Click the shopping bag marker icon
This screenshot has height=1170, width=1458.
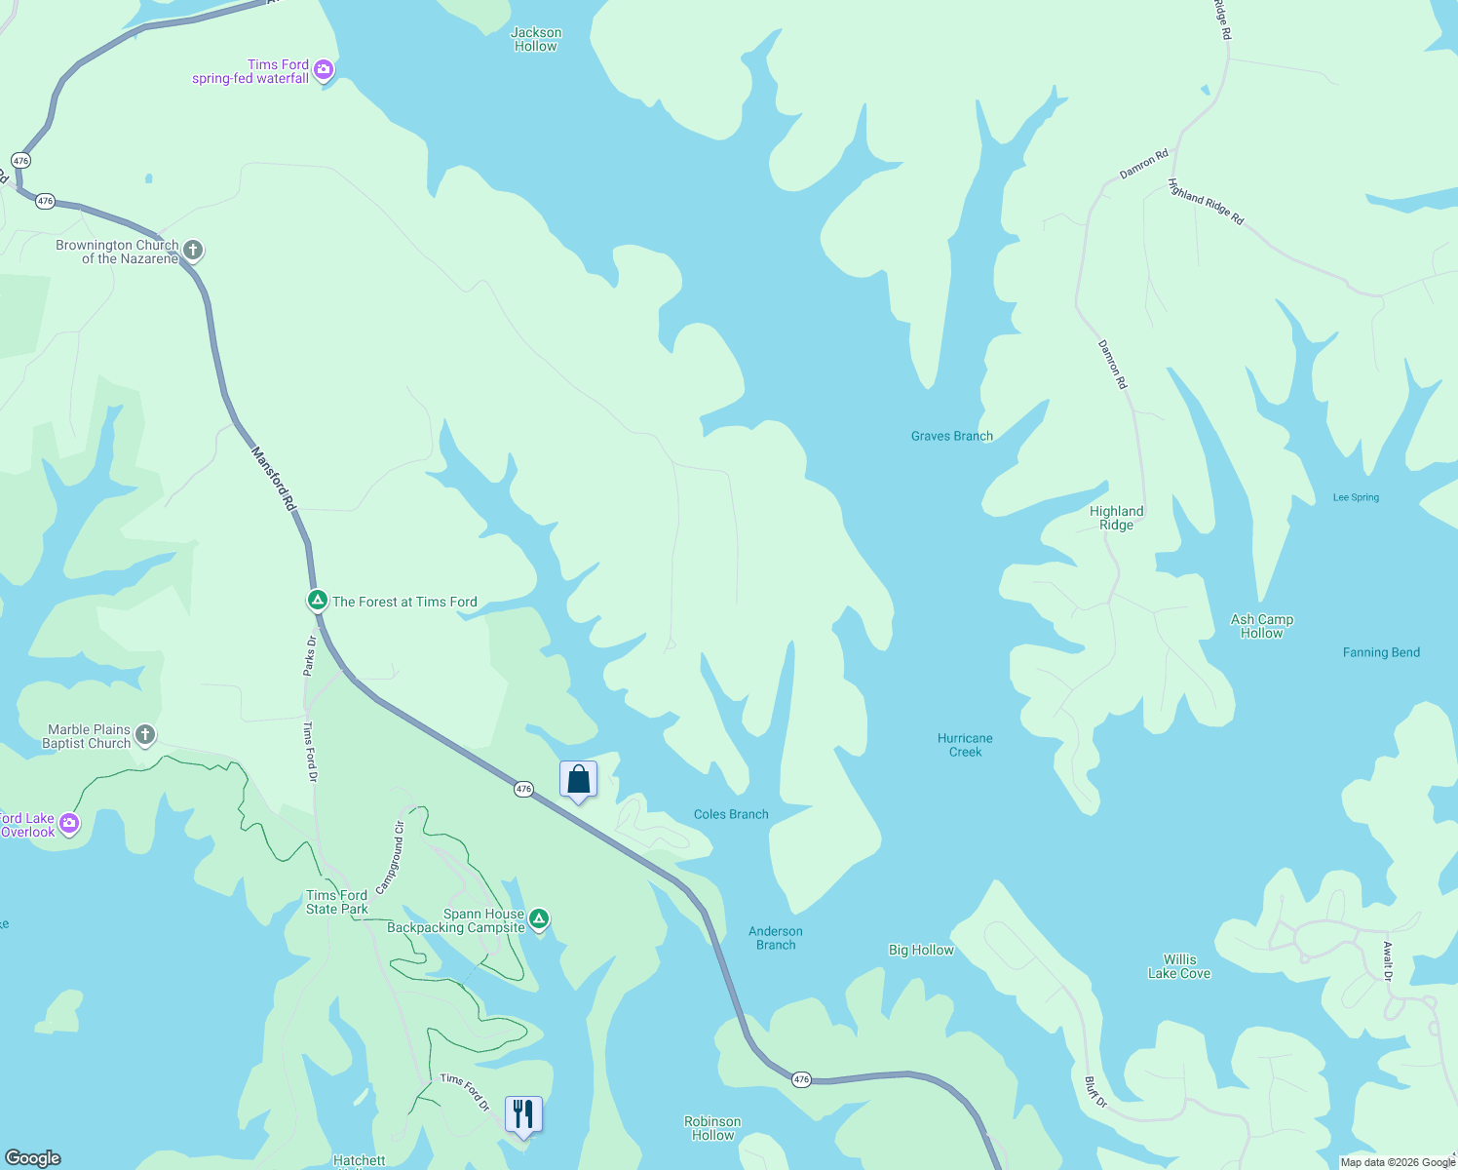click(x=578, y=780)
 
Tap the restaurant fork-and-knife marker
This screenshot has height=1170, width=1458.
click(x=523, y=1113)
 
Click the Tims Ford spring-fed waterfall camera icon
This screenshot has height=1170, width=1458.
click(x=324, y=70)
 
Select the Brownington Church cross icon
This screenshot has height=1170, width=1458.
click(x=193, y=251)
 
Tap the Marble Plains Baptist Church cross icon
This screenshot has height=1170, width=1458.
click(x=145, y=735)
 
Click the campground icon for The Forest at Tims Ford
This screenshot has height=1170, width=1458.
click(x=317, y=601)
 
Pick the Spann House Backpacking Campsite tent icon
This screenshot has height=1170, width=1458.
click(x=539, y=919)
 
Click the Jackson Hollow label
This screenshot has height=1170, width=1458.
click(x=536, y=40)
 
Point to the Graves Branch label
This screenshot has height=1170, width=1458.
click(x=951, y=436)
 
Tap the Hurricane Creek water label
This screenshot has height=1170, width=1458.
click(x=965, y=745)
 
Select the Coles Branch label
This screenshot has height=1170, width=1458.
click(x=731, y=814)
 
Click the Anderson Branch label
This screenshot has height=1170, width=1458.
click(x=776, y=938)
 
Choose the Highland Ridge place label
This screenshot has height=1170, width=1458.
click(x=1116, y=518)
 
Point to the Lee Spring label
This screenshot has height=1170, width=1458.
click(x=1356, y=497)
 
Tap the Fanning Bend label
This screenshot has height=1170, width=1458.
click(x=1381, y=652)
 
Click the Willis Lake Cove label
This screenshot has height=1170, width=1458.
click(x=1179, y=966)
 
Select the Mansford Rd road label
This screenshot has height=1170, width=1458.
click(x=274, y=479)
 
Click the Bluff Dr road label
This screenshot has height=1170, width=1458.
click(x=1096, y=1091)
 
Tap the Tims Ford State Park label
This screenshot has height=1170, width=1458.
click(x=337, y=902)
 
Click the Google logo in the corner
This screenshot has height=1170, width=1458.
click(x=32, y=1158)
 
